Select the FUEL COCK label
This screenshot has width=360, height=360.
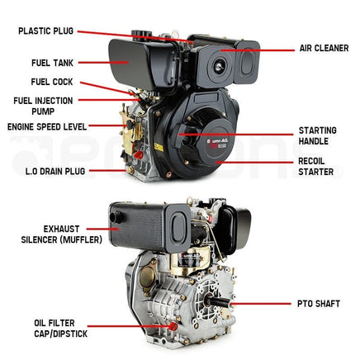pyautogui.click(x=51, y=83)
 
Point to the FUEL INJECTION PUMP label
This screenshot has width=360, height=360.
pyautogui.click(x=42, y=105)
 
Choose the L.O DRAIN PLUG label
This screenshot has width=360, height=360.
pyautogui.click(x=46, y=171)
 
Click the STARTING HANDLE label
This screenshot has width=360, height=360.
pyautogui.click(x=317, y=135)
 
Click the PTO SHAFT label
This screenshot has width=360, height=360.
pyautogui.click(x=316, y=304)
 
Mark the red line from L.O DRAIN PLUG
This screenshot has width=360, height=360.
pyautogui.click(x=107, y=171)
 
